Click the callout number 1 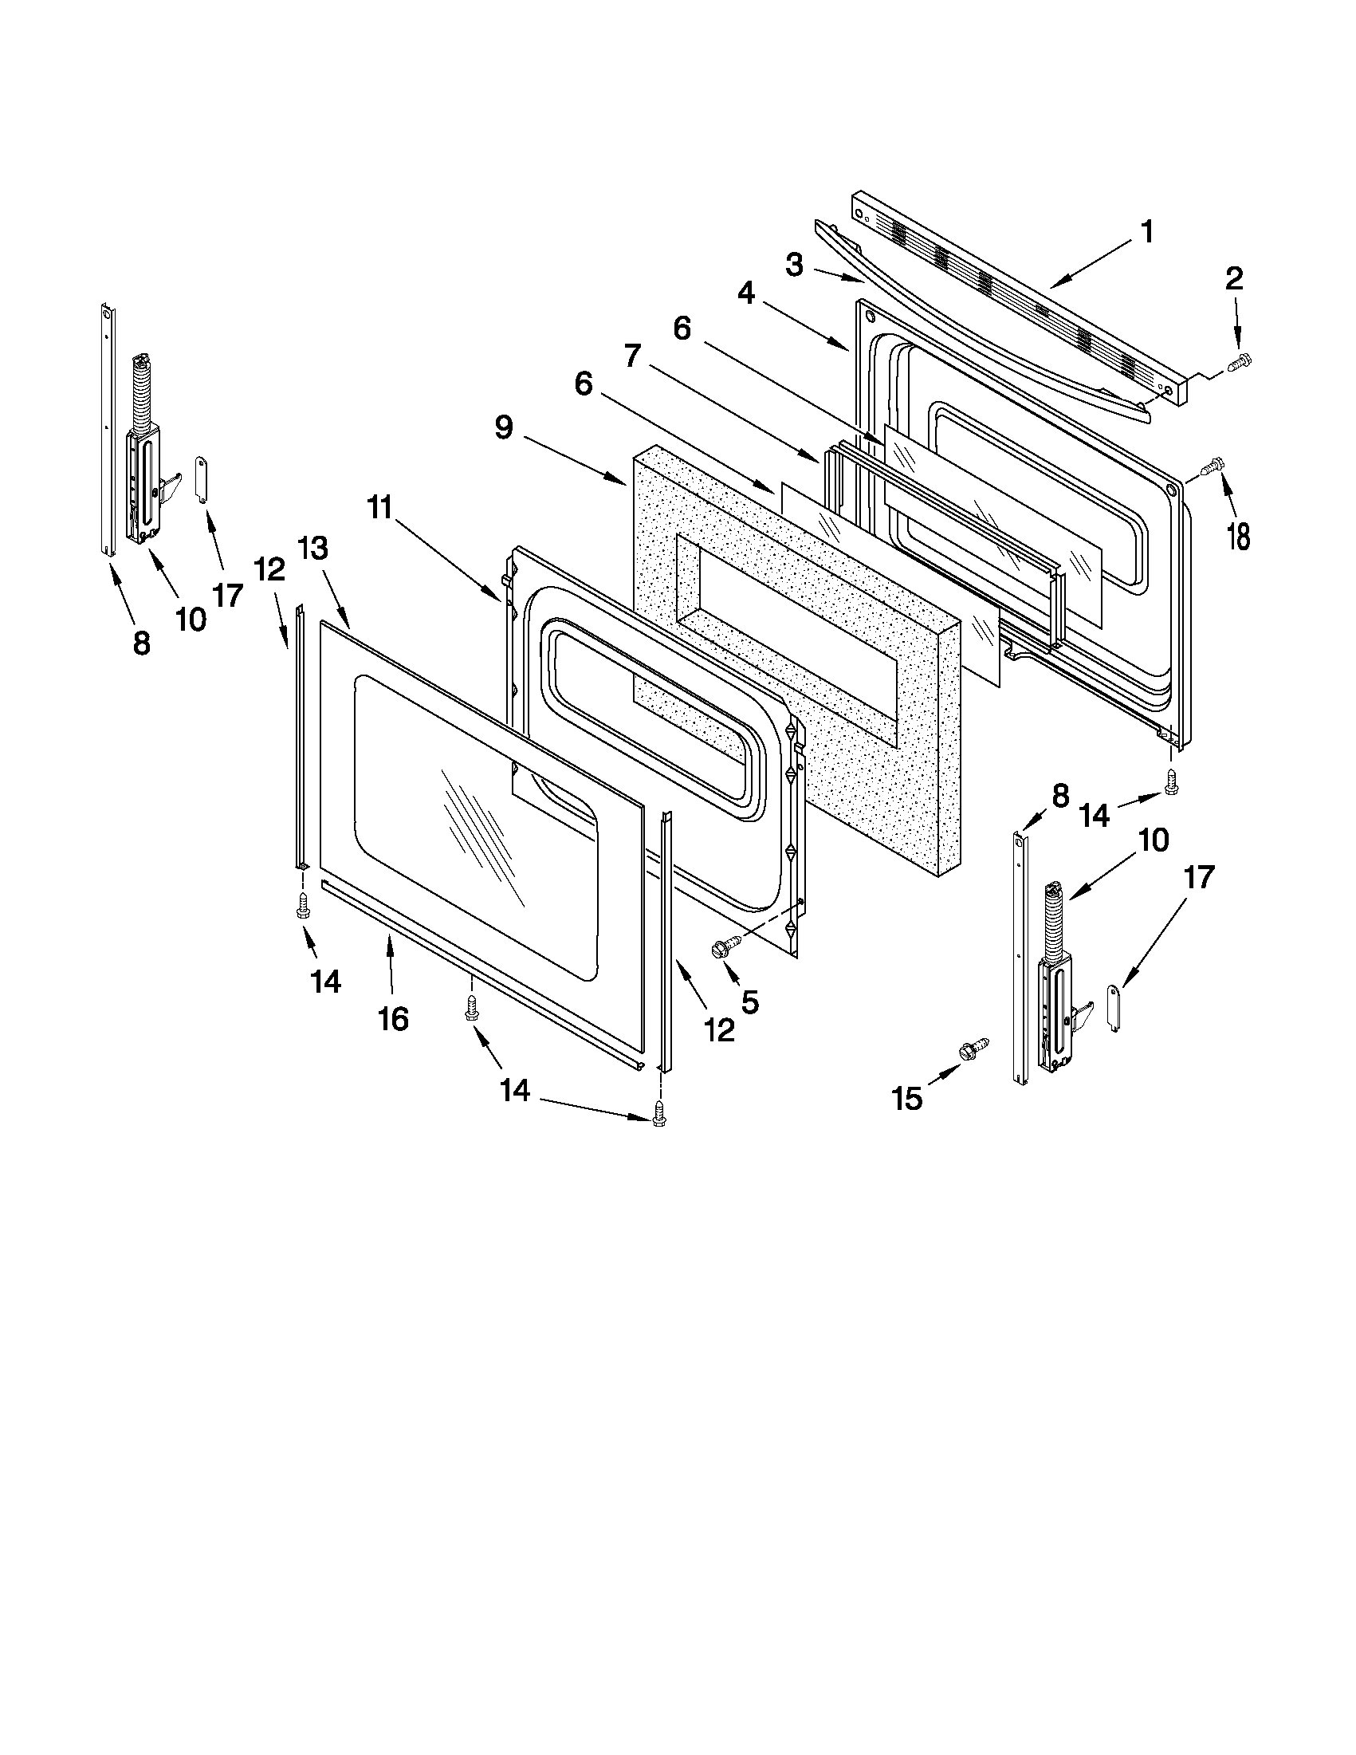1146,232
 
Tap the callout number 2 1234,279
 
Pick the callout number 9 504,427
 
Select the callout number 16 394,1019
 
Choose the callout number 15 908,1099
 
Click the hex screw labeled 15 972,1050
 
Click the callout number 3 794,266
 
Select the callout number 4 746,294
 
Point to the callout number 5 749,1001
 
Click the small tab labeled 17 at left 202,479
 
